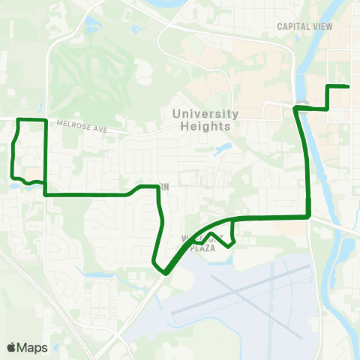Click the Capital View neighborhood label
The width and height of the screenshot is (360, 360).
pos(304,26)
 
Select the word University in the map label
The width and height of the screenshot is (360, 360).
pos(205,114)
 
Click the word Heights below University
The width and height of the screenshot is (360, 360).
pos(205,126)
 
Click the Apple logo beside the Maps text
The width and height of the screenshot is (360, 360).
pos(12,347)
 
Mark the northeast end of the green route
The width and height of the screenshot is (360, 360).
pos(349,87)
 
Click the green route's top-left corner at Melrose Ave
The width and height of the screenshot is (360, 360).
pos(19,120)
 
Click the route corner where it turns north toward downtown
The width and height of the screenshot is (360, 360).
pos(309,217)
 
